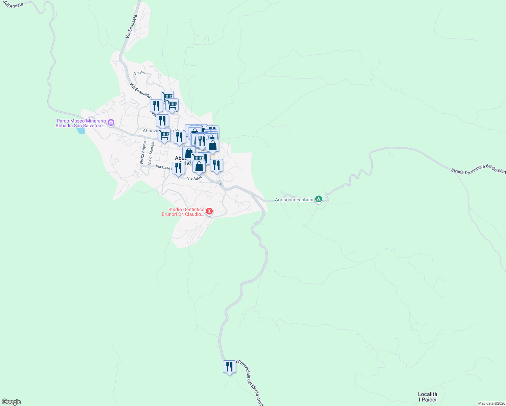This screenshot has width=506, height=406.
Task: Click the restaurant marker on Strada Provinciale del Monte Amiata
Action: [229, 367]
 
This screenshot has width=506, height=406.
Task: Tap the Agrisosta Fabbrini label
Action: [294, 200]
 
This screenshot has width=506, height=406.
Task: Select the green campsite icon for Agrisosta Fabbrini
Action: [318, 199]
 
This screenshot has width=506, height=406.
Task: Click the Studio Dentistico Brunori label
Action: [183, 212]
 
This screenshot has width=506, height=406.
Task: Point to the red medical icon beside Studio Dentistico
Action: [209, 212]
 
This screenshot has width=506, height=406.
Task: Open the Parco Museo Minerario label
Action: [81, 123]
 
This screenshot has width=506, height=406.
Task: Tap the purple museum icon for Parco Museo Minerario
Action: [111, 122]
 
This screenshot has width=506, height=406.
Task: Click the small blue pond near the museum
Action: [81, 130]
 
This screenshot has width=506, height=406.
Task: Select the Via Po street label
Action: [139, 73]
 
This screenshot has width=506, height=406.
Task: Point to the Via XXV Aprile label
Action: [143, 153]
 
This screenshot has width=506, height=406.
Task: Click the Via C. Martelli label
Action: [151, 153]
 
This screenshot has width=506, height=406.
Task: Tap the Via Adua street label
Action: [194, 178]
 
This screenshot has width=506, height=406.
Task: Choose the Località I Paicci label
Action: [428, 397]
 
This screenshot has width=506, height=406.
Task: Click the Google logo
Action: [11, 402]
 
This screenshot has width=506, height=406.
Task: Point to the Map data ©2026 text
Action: [491, 403]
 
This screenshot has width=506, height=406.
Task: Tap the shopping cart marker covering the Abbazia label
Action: [164, 135]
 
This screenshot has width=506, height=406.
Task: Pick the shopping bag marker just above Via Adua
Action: [199, 166]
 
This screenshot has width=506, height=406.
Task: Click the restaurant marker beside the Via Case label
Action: [178, 168]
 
